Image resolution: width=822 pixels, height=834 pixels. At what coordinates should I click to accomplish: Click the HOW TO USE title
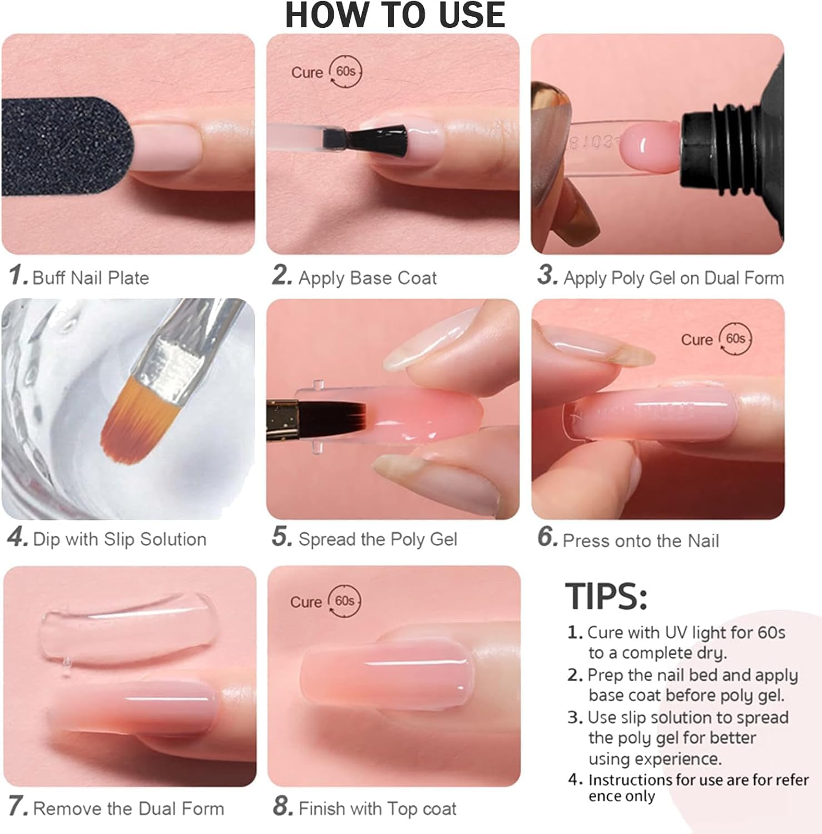tap(395, 15)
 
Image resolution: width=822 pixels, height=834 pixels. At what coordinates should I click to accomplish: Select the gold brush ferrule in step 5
tap(283, 420)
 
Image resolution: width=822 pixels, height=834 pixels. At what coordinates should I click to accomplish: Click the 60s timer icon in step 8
tap(345, 602)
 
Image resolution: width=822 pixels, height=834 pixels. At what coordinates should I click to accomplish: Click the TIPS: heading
tap(606, 596)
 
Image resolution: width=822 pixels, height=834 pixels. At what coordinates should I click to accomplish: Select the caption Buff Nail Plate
tap(91, 277)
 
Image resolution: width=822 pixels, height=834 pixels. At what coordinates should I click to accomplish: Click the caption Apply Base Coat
tap(368, 277)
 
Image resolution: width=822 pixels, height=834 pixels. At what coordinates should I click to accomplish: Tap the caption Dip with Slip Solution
tap(120, 539)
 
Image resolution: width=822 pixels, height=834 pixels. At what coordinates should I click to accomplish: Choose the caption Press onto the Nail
tap(641, 540)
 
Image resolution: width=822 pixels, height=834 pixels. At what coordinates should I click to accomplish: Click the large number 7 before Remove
tap(17, 807)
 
